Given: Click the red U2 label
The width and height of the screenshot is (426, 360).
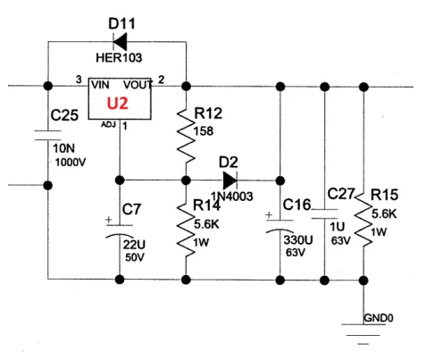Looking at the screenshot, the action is click(117, 103).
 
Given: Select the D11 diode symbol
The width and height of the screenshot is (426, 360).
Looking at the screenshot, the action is click(120, 42).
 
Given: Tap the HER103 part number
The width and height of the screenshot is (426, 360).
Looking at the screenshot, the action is click(119, 57).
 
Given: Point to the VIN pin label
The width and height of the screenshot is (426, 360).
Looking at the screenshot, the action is click(100, 85).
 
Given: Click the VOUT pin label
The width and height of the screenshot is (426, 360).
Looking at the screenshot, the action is click(138, 85).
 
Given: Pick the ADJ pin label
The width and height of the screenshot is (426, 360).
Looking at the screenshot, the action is click(108, 124).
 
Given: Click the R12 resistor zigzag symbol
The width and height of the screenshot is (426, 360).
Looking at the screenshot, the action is click(186, 136).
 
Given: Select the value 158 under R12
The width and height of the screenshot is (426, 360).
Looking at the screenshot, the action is click(204, 131).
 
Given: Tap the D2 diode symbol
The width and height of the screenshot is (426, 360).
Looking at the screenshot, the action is click(230, 180).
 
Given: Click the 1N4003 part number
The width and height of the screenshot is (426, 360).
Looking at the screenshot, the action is click(232, 197).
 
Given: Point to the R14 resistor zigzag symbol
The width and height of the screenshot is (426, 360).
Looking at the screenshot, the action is click(186, 230).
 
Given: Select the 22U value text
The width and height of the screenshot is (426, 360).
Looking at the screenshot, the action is click(134, 245).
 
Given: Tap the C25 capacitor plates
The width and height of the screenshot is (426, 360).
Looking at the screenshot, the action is click(48, 135).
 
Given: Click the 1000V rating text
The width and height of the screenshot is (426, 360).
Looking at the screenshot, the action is click(71, 163).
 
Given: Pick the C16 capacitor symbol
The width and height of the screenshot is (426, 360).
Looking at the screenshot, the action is click(280, 226).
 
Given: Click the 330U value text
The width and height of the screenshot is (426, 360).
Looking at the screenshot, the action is click(298, 239).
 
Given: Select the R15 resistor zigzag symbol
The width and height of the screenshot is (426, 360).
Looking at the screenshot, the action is click(363, 220).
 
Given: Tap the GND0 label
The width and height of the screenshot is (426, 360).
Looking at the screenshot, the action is click(379, 318).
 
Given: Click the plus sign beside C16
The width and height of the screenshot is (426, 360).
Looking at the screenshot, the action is click(269, 214).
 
